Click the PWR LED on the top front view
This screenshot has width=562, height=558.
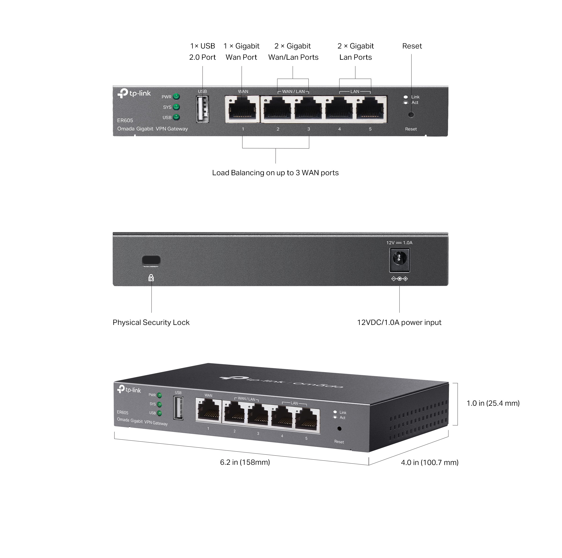point(176,97)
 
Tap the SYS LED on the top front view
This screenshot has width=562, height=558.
point(176,107)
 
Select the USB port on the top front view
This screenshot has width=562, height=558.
point(203,109)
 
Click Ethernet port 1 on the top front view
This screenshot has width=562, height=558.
point(243,109)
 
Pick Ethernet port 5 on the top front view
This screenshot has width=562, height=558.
point(370,109)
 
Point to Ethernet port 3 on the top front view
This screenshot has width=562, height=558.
point(308,109)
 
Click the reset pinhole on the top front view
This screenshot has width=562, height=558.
point(411,115)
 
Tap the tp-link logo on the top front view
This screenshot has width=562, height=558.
point(134,93)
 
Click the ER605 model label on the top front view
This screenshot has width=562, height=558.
point(125,120)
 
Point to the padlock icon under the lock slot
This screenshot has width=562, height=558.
point(151,278)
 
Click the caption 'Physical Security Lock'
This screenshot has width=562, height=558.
point(151,322)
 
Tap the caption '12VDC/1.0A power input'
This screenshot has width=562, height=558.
point(399,322)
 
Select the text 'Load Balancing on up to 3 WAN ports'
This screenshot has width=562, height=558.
point(275,173)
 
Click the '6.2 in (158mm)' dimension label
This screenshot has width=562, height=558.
point(245,462)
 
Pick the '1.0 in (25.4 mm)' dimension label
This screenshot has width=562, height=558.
point(493,403)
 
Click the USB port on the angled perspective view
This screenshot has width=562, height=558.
point(178,408)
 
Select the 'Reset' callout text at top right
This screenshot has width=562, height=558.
point(412,46)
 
